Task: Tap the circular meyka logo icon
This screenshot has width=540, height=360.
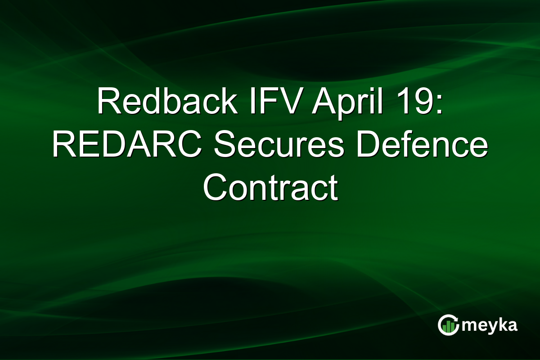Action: tap(449, 325)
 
